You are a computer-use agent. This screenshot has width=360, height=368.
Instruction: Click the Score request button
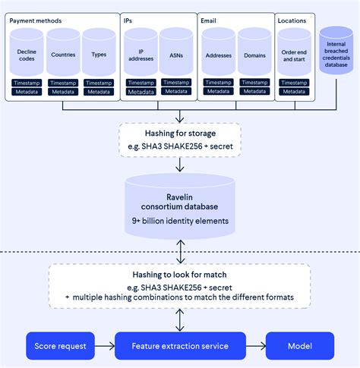point(62,345)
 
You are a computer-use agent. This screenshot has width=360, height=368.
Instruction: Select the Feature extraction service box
point(180,345)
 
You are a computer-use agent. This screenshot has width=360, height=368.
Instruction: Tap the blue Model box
point(298,345)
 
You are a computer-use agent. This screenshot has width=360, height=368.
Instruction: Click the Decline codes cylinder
point(28,54)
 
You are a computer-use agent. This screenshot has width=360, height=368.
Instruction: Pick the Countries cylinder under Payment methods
point(63,54)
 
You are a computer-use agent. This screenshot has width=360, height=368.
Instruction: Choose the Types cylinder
point(99,54)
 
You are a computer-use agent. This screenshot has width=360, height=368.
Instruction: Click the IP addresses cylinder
point(141,54)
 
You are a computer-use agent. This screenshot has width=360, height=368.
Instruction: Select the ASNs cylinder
point(176,54)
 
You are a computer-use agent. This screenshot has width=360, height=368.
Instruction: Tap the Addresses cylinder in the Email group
point(218,54)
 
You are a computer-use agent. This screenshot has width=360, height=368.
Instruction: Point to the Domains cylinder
point(254,54)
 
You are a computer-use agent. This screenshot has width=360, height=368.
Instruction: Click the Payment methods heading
point(36,20)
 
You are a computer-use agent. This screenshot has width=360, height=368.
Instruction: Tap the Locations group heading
point(292,20)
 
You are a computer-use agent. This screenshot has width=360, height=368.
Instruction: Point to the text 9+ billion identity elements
point(180,221)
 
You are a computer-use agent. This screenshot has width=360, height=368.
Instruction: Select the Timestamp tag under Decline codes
point(28,82)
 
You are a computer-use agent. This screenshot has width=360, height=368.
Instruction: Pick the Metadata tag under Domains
point(254,92)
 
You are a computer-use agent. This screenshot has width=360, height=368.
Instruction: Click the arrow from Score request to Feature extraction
point(106,345)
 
